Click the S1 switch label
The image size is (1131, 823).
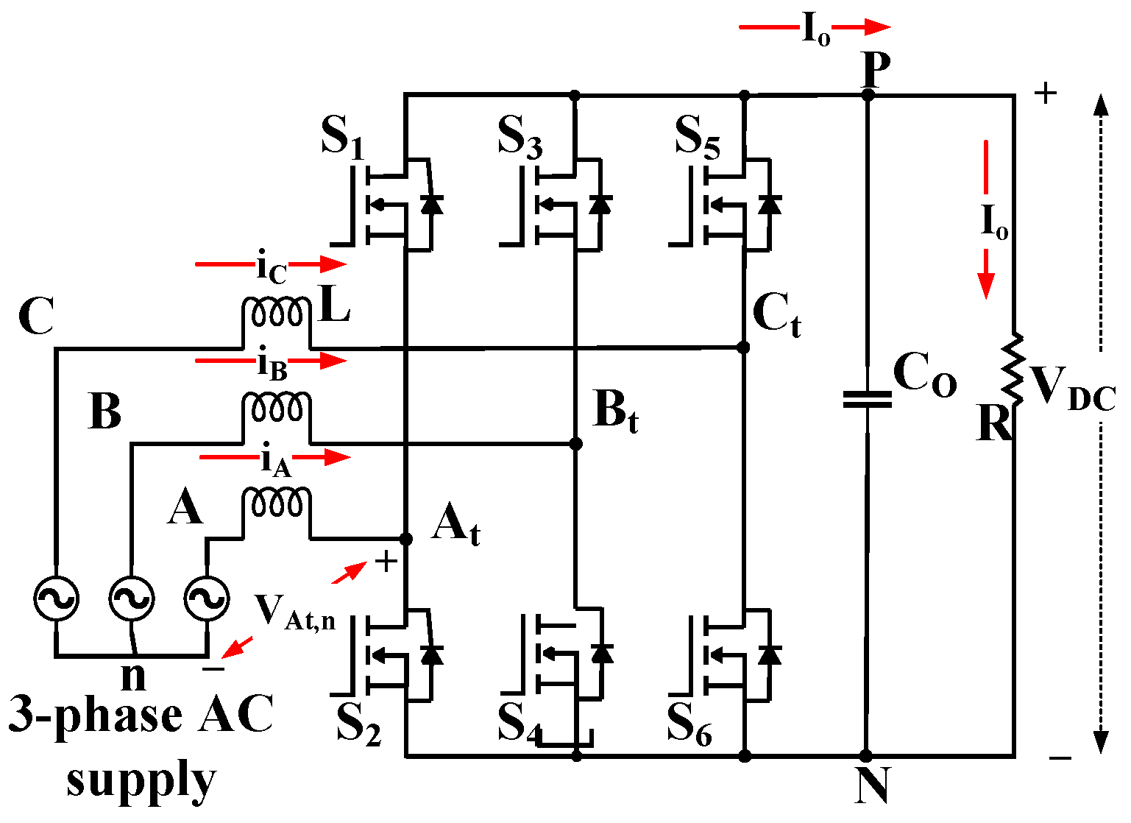point(343,136)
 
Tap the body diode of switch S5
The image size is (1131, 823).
point(769,204)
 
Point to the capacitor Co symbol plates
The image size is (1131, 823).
point(867,399)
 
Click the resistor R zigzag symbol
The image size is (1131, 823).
point(1015,370)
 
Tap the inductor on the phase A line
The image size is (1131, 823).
point(276,504)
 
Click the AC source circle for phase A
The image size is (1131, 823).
point(205,598)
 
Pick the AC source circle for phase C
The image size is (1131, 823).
point(56,598)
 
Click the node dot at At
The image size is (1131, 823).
point(405,539)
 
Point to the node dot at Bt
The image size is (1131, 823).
point(576,444)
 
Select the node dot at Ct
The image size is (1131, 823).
point(743,347)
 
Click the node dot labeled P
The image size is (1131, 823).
point(868,95)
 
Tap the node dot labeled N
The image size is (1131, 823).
point(866,755)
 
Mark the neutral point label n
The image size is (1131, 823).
point(133,675)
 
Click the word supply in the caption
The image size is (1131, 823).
point(141,781)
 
